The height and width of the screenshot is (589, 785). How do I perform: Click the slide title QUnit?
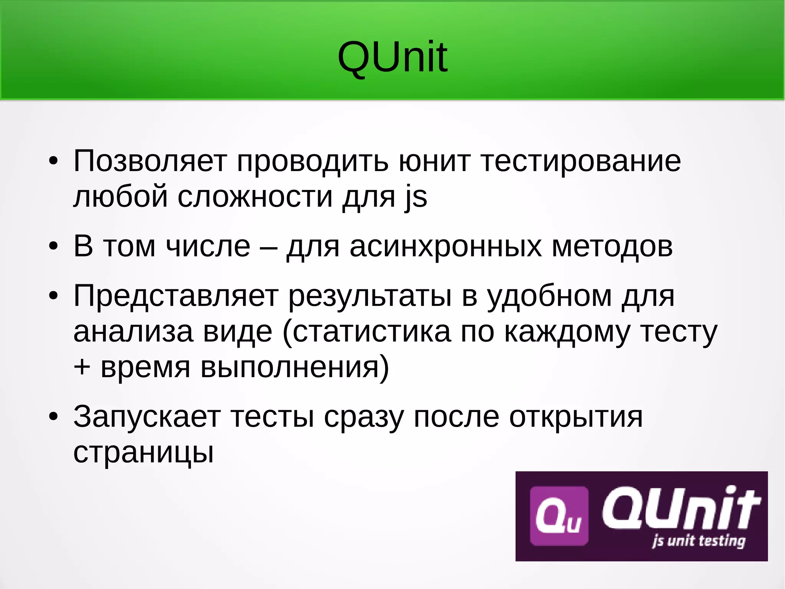click(392, 58)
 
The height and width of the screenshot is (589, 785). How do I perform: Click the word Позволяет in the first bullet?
click(150, 161)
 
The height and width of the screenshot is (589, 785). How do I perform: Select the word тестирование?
click(581, 161)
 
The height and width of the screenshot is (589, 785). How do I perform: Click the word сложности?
click(255, 196)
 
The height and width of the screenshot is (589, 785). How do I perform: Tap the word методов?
click(612, 246)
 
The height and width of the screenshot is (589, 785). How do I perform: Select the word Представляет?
click(176, 296)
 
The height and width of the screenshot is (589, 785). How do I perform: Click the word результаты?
click(370, 296)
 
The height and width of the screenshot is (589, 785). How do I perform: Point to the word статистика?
click(372, 332)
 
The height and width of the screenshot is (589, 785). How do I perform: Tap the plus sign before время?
click(82, 367)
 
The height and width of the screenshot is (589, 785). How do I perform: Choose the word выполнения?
click(294, 368)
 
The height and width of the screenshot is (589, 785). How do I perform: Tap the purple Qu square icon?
click(558, 516)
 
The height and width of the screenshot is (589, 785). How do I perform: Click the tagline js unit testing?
click(698, 541)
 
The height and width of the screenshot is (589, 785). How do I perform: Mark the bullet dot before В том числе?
click(53, 246)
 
